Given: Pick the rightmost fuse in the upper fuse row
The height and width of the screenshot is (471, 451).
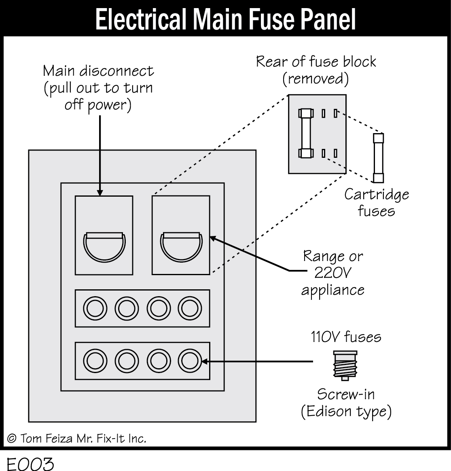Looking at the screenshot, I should click(190, 309).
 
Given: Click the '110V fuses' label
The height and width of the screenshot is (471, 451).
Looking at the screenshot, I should click(346, 337).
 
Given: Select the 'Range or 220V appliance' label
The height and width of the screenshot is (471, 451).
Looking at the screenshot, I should click(333, 273).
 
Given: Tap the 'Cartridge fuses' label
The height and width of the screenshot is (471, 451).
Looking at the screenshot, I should click(376, 202).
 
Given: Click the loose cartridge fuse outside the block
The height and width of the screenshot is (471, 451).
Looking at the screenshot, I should click(378, 158).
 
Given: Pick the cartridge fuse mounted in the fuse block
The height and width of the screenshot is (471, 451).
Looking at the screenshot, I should click(305, 133).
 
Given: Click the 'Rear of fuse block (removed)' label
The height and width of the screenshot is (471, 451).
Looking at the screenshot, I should click(316, 70).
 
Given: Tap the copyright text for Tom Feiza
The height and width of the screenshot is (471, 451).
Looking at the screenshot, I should click(76, 438).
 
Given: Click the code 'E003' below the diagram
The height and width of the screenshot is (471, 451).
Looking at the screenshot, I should click(30, 463).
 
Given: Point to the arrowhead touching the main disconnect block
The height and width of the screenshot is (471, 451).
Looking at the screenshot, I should click(100, 192).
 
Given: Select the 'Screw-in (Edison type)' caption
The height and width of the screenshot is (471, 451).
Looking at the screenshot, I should click(346, 403).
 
